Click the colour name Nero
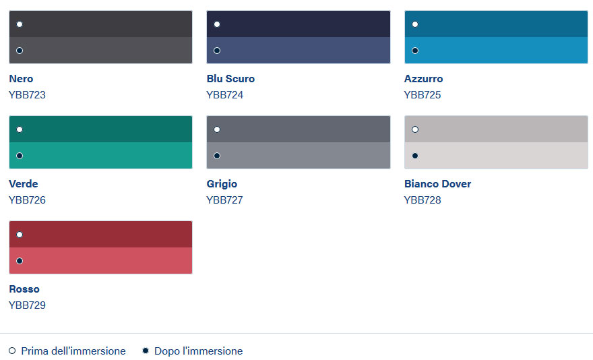tap(21, 79)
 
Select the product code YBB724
tap(224, 95)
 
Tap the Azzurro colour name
tap(423, 79)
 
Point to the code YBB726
tap(27, 200)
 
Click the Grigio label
tap(222, 184)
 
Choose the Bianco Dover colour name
tap(437, 184)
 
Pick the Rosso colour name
tap(24, 289)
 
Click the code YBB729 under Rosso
tap(27, 305)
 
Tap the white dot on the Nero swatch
tap(20, 24)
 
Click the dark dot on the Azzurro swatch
tap(415, 51)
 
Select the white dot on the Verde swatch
tap(20, 129)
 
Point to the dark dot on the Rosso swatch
tap(20, 261)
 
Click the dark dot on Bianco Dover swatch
tap(415, 156)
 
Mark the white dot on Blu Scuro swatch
tap(217, 24)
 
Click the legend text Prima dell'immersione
tap(73, 351)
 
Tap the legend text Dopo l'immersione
tap(199, 351)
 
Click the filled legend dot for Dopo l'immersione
tap(146, 351)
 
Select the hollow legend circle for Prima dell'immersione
tap(12, 351)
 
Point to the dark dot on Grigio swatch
tap(217, 156)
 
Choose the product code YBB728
tap(423, 200)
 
